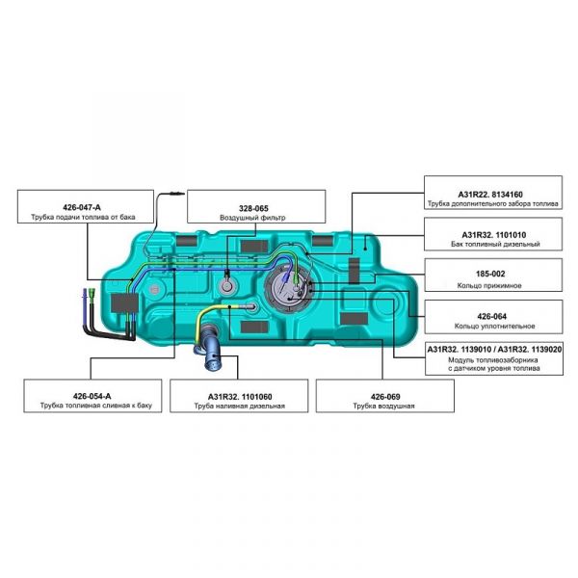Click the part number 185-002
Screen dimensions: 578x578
pyautogui.click(x=492, y=274)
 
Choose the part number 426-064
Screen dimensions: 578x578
pyautogui.click(x=492, y=313)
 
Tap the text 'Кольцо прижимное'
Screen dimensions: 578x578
pyautogui.click(x=492, y=285)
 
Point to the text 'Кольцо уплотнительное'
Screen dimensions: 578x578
pyautogui.click(x=492, y=326)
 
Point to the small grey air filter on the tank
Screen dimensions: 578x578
pyautogui.click(x=227, y=287)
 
